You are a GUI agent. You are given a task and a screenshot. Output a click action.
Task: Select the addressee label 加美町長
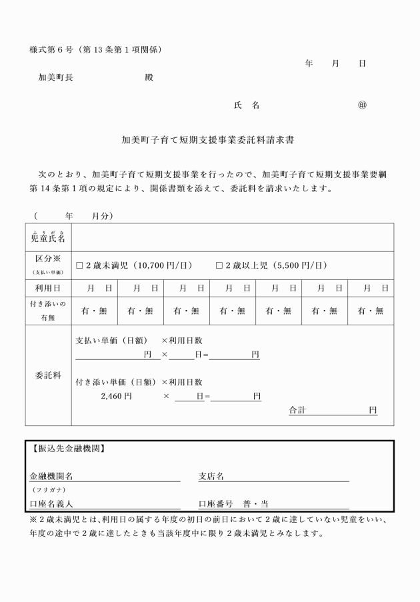coord(56,77)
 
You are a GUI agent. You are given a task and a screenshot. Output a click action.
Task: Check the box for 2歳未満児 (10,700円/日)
coord(79,265)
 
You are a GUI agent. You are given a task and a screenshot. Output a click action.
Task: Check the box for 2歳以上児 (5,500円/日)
coord(219,265)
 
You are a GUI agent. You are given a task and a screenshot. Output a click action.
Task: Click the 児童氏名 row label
coord(48,237)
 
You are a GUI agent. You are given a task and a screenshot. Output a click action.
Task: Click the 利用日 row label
coord(48,288)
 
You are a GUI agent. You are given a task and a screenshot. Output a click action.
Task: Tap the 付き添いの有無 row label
coord(48,311)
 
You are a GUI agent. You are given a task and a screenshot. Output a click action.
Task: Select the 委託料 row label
coord(48,375)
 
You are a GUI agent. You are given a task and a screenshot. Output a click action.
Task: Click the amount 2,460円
coord(116,397)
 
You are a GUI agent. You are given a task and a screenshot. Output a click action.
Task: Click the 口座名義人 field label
coord(51,504)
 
